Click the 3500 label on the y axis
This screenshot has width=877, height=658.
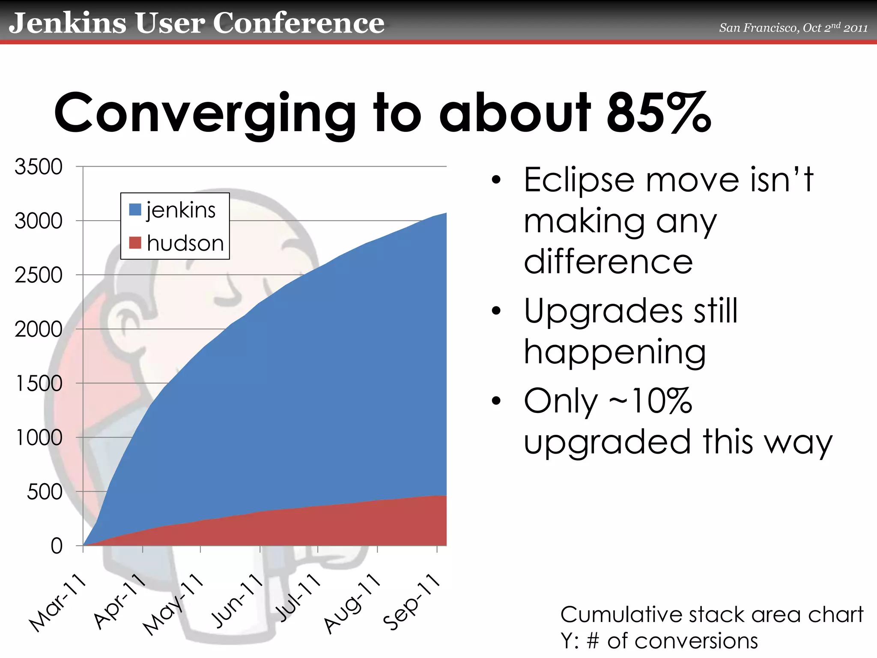(x=39, y=167)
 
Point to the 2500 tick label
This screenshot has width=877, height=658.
(x=39, y=275)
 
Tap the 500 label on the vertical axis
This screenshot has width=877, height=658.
(x=45, y=492)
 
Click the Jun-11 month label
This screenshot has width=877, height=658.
(x=237, y=601)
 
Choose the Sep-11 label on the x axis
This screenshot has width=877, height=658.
(x=412, y=601)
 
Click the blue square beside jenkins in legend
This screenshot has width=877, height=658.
(x=135, y=210)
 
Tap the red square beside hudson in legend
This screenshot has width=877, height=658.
(x=135, y=243)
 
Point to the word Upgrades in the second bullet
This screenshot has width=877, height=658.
(x=603, y=311)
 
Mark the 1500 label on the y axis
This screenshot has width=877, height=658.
(x=39, y=383)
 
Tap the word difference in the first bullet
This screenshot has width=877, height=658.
(x=608, y=262)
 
